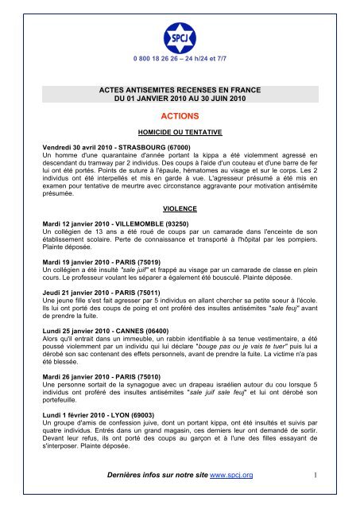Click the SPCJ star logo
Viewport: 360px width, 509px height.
[x=180, y=35]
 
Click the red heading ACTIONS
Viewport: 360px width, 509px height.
[x=180, y=115]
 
